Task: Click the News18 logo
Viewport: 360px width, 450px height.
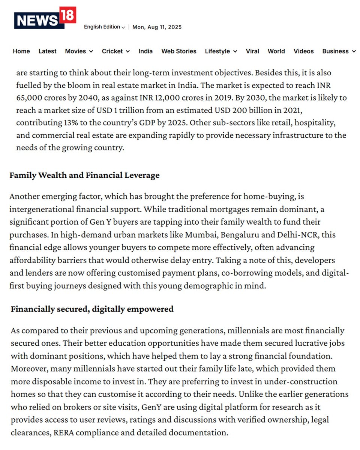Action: click(x=45, y=18)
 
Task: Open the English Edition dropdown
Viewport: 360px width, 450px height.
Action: click(x=104, y=27)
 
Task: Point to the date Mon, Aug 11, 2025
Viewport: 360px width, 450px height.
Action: click(x=157, y=27)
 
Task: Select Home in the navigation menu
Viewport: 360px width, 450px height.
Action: click(x=21, y=51)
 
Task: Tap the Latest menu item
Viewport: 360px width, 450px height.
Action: click(x=47, y=51)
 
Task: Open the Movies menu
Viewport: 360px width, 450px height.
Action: click(x=79, y=51)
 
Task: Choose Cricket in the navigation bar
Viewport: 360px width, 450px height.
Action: click(x=115, y=51)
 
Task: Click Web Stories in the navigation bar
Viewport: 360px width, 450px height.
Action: click(x=179, y=51)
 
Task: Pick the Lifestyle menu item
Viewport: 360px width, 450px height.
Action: click(x=221, y=51)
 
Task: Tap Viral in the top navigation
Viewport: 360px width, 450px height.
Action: click(x=252, y=51)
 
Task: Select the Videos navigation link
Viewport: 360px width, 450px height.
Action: click(x=303, y=51)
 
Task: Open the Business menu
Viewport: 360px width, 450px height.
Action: click(x=339, y=51)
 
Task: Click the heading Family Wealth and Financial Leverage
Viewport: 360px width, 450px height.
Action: click(x=84, y=175)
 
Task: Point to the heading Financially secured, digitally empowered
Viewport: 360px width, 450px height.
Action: click(x=92, y=309)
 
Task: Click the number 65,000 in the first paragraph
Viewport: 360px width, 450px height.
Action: click(x=30, y=97)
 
